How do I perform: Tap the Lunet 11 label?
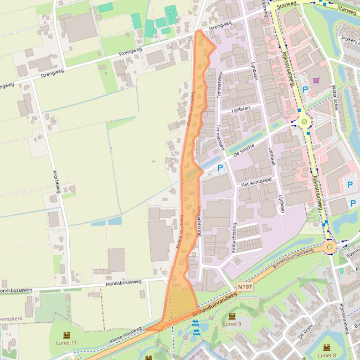66,343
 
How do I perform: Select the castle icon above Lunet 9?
232,317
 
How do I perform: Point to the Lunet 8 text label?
326,355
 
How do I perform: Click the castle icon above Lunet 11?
66,335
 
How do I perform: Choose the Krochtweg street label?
57,181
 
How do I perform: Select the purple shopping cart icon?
316,80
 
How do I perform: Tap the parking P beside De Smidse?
220,167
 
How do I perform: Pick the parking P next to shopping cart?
305,89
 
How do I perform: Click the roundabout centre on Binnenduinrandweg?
330,246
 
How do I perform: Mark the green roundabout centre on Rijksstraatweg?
305,122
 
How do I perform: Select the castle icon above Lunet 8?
326,348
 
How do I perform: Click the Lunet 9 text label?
232,324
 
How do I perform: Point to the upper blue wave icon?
195,323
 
